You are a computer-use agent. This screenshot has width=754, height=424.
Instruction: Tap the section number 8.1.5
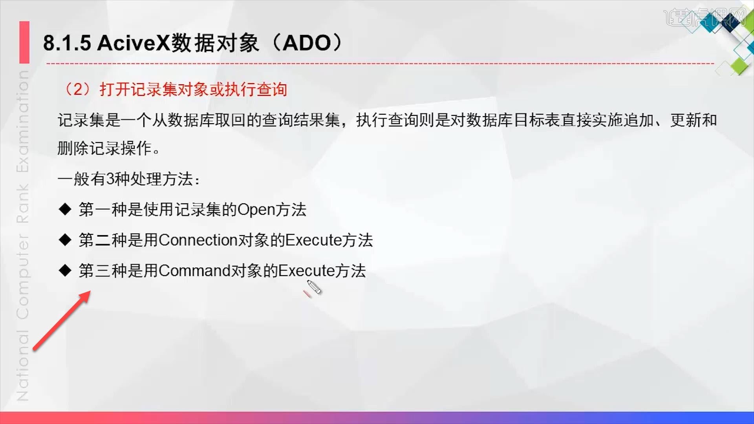coord(67,43)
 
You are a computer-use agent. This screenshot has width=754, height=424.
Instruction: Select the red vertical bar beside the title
coord(24,42)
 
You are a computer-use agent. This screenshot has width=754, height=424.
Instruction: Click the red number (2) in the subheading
coord(78,90)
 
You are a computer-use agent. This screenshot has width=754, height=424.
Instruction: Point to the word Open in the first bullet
coord(256,210)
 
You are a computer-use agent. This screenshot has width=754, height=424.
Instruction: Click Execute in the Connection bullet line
coord(313,240)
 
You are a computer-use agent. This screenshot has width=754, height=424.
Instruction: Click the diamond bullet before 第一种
coord(65,209)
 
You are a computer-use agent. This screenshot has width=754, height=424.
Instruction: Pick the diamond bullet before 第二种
coord(65,239)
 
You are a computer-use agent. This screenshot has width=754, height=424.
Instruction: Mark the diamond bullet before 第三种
coord(65,270)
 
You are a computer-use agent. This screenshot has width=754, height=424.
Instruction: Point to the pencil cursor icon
coord(314,287)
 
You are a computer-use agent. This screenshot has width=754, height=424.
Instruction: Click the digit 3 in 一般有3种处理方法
coord(110,179)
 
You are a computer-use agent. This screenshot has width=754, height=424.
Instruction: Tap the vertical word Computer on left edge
coord(23,277)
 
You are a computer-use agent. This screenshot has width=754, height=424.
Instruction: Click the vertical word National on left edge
coord(23,365)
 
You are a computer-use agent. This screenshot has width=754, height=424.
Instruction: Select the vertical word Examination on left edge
coord(23,122)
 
